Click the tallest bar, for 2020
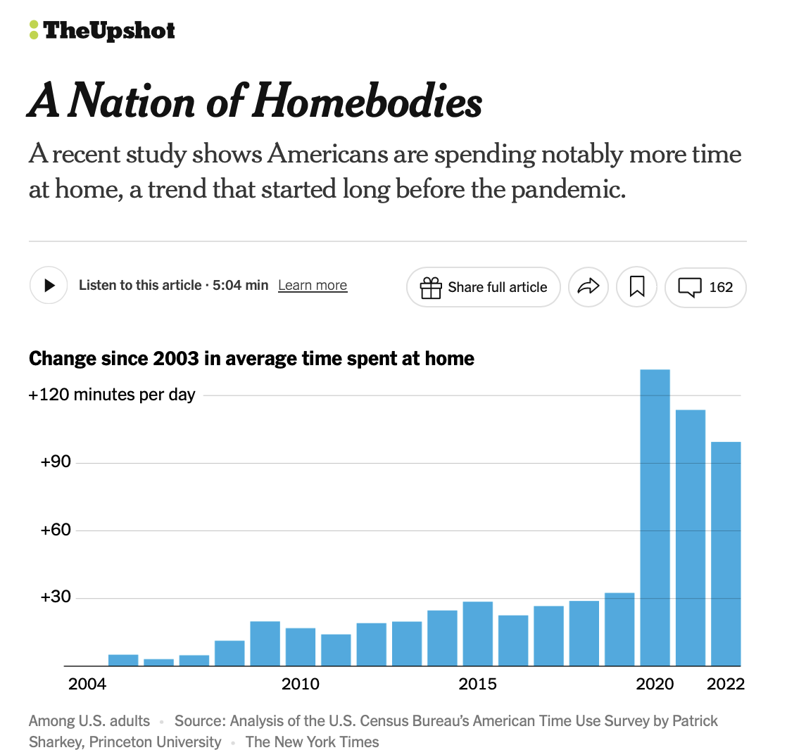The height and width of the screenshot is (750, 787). [x=655, y=517]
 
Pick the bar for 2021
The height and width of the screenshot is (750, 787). [x=691, y=538]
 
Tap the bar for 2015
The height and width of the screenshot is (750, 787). [x=478, y=634]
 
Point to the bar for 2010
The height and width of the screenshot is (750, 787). [x=301, y=647]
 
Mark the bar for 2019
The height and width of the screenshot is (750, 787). [x=619, y=630]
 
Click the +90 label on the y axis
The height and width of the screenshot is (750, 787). [x=56, y=462]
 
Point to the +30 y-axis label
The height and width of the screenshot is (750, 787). [x=56, y=597]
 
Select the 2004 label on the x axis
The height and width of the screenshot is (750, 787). [x=87, y=684]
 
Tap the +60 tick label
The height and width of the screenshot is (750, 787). [x=56, y=530]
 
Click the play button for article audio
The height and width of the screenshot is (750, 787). [x=49, y=286]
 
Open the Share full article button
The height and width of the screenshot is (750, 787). [x=484, y=287]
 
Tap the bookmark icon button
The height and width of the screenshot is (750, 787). [x=637, y=287]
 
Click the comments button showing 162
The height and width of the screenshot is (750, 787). [x=705, y=287]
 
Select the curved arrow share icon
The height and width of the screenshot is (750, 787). [x=588, y=287]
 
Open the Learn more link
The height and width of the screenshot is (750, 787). [x=313, y=286]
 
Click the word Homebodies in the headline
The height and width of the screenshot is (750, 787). [x=364, y=102]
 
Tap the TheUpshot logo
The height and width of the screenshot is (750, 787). [x=103, y=30]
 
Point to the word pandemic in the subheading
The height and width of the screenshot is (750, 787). [x=567, y=189]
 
